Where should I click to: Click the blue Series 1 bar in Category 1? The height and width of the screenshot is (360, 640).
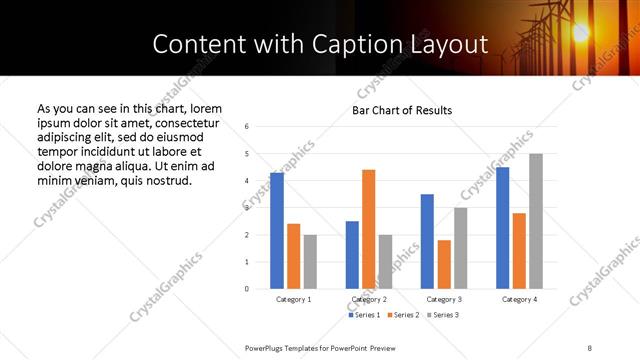tap(277, 231)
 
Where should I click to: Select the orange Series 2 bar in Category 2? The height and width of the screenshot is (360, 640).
tap(368, 229)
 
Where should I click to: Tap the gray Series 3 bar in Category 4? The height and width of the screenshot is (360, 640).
tap(536, 221)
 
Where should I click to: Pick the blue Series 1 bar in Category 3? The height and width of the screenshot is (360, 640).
tap(427, 241)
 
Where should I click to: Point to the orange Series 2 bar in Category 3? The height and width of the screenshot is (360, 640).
tap(444, 264)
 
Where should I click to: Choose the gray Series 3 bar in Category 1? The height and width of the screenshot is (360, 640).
tap(310, 262)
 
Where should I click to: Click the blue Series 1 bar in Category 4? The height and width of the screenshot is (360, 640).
tap(503, 228)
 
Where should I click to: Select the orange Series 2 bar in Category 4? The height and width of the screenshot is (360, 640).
tap(519, 251)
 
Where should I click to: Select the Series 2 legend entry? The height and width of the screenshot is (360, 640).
tap(402, 315)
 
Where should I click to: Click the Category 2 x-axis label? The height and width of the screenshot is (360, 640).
tap(369, 299)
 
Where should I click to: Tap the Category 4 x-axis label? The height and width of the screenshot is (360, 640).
tap(519, 299)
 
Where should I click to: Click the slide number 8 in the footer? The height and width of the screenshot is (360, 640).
tap(589, 347)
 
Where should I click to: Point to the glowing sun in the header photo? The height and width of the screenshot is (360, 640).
tap(579, 32)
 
